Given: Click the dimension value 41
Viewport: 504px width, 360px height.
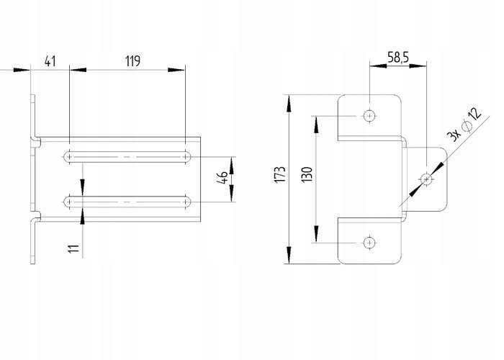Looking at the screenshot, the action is (50, 60).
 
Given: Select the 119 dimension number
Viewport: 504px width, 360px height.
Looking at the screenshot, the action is (132, 60).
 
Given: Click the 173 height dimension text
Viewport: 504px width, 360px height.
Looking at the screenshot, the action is (280, 174).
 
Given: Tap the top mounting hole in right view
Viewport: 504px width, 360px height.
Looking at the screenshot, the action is (369, 114).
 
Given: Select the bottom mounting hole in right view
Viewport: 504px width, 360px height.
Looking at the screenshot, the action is (369, 241).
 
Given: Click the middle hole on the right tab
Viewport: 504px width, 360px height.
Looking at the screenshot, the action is (427, 178).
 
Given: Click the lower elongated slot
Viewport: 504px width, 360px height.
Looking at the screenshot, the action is (127, 202).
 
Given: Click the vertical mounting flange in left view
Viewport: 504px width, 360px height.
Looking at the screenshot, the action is (33, 180).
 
